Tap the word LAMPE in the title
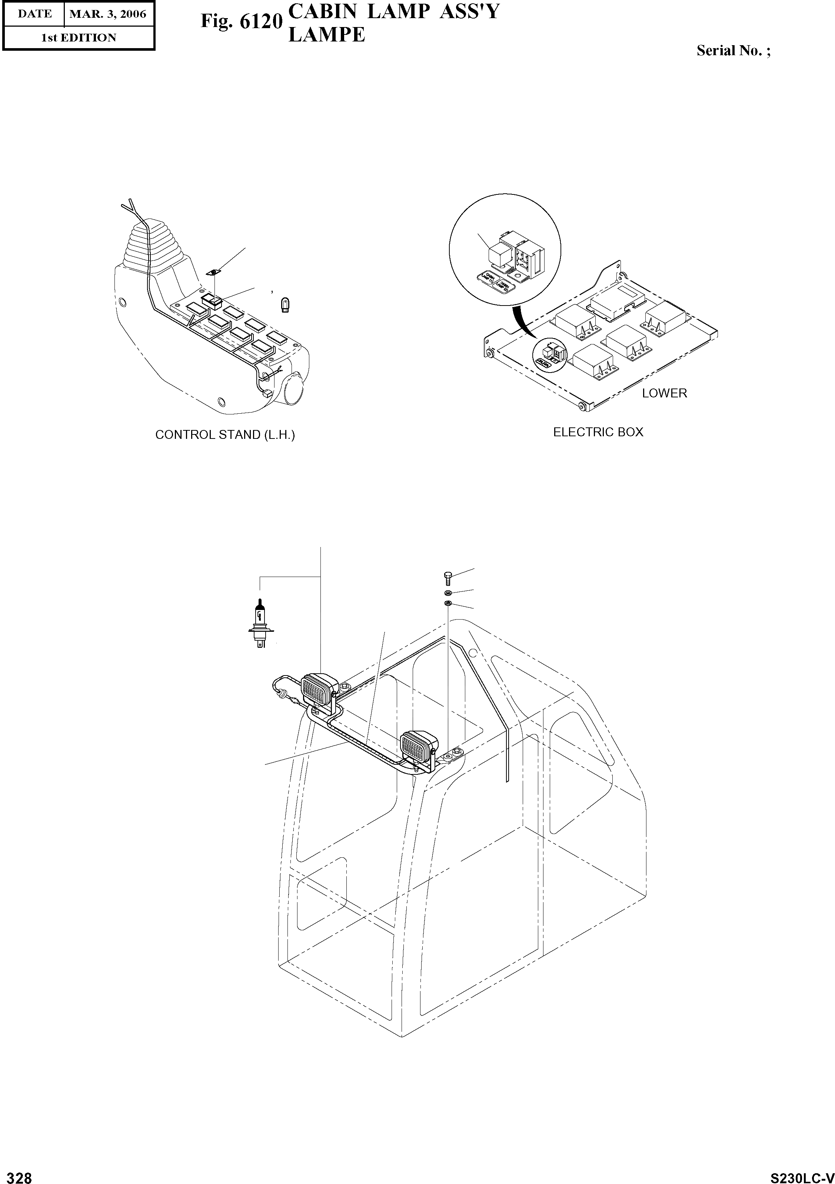click(326, 35)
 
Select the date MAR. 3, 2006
click(108, 14)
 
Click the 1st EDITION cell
click(79, 38)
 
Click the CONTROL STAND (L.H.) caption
click(225, 435)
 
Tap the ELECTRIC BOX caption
click(598, 432)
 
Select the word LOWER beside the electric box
click(664, 393)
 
